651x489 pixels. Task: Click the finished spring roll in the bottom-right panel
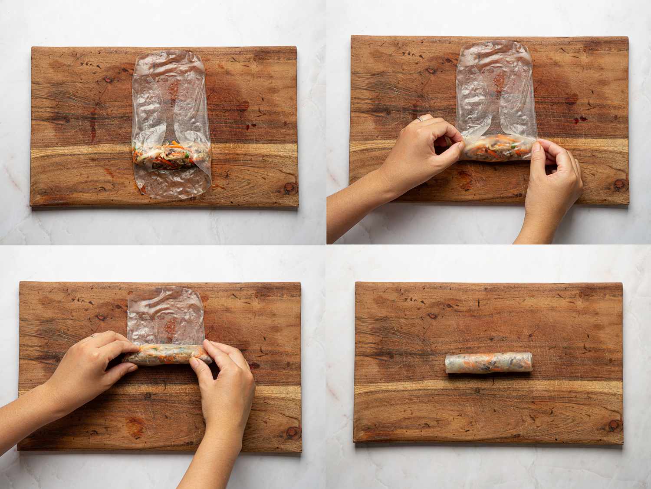coord(489,363)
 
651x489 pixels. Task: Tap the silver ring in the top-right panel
coord(420,119)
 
